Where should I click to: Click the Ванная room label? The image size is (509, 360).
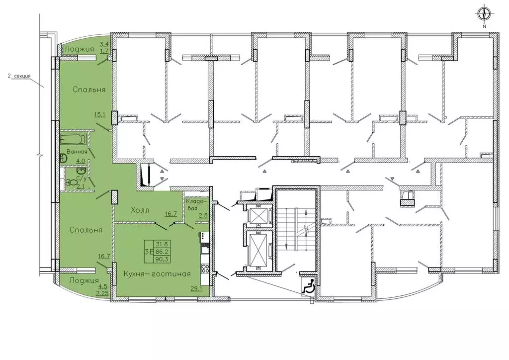click(77, 152)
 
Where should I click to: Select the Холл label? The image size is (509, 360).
click(140, 210)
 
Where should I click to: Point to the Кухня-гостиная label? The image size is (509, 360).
click(157, 274)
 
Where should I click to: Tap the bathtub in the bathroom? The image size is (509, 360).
click(74, 139)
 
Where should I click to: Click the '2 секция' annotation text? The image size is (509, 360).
click(19, 77)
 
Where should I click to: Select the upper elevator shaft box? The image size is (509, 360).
click(256, 215)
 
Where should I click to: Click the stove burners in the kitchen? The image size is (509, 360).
click(204, 268)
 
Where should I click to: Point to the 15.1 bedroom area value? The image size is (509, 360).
click(99, 114)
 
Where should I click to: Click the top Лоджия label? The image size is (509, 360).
click(80, 49)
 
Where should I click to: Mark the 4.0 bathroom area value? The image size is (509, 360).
click(81, 161)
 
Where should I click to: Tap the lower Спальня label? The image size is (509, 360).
click(86, 230)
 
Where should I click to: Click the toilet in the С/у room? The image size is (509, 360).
click(69, 183)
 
